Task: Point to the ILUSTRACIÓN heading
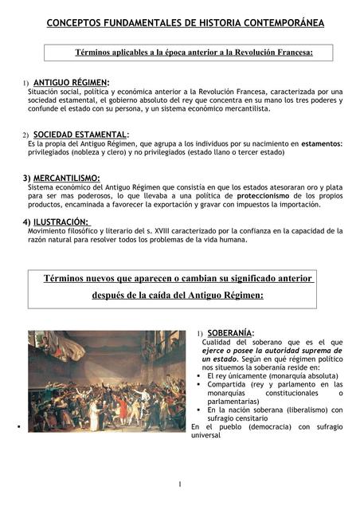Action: point(61,222)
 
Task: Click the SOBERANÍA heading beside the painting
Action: point(231,332)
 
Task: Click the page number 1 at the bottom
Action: point(180,484)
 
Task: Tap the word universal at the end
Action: point(206,435)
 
